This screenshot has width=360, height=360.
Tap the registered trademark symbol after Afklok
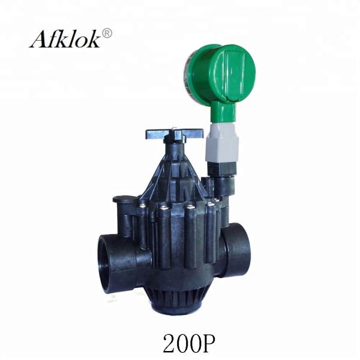107,32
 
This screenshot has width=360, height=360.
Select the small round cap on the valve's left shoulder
122,199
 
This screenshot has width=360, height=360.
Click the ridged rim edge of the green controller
191,74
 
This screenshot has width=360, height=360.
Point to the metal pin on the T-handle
173,129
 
